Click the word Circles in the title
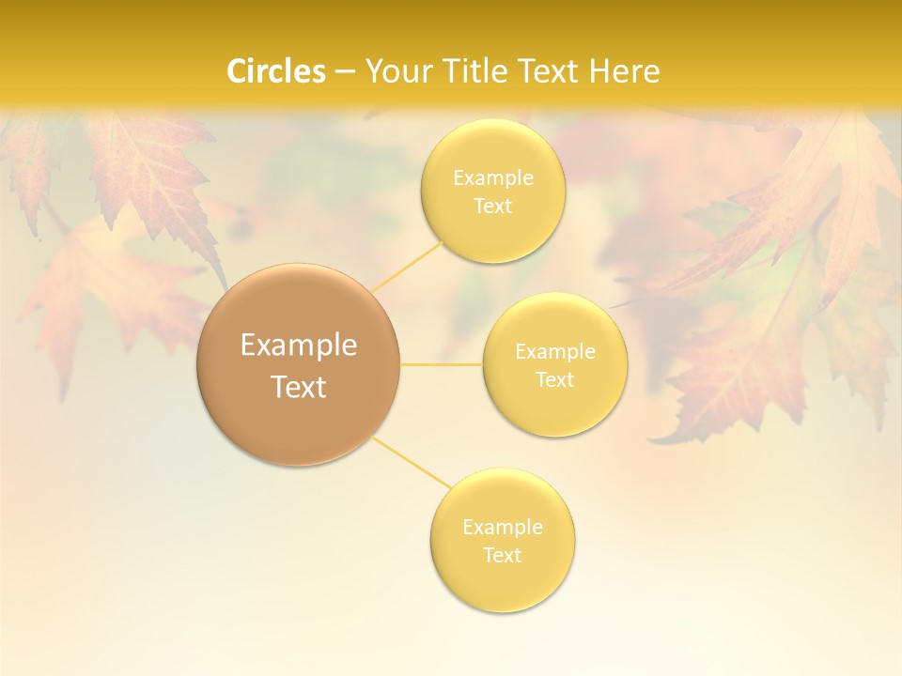tap(275, 71)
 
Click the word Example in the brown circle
tap(299, 346)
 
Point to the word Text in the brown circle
tap(299, 387)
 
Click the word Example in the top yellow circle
tap(493, 178)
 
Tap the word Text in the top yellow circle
tap(493, 207)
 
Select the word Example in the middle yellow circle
tap(555, 352)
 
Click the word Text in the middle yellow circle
tap(555, 380)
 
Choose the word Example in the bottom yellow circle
tap(503, 528)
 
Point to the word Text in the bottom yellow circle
tap(503, 556)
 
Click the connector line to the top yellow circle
tap(406, 267)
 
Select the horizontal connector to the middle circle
tap(441, 364)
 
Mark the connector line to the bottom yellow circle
tap(412, 462)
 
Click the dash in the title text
tap(345, 72)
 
